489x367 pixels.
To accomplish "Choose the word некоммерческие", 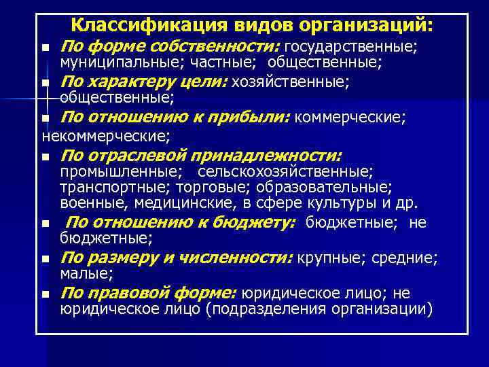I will tap(105, 135).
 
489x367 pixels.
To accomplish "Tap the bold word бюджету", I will tap(258, 222).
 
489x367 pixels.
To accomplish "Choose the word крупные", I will tap(321, 258).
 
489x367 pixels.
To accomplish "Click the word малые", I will tap(86, 273).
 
